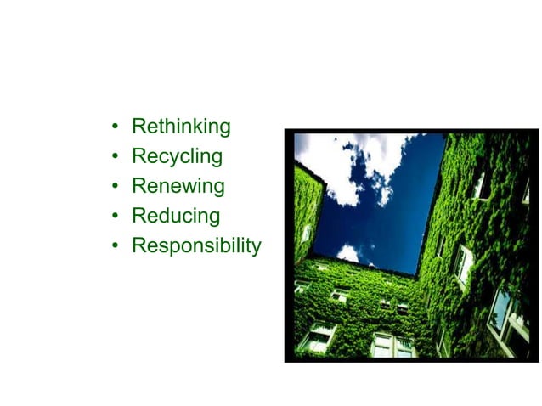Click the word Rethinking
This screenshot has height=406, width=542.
pyautogui.click(x=181, y=127)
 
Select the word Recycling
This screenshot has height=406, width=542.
pyautogui.click(x=177, y=156)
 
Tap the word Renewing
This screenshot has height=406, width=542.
pyautogui.click(x=178, y=186)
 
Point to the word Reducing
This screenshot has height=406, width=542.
pyautogui.click(x=176, y=216)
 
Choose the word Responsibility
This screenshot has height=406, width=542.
pyautogui.click(x=196, y=245)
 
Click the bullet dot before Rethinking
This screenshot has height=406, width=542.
pyautogui.click(x=115, y=128)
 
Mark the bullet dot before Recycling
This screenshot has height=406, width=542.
pyautogui.click(x=115, y=158)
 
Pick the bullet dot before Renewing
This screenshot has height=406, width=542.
pyautogui.click(x=115, y=188)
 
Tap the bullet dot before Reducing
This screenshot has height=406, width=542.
pyautogui.click(x=115, y=217)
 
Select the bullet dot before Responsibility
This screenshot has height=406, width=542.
pyautogui.click(x=115, y=247)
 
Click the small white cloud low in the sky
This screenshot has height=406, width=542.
pyautogui.click(x=347, y=252)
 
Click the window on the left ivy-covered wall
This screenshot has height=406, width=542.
pyautogui.click(x=306, y=232)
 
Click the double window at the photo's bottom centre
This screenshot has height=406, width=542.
pyautogui.click(x=392, y=345)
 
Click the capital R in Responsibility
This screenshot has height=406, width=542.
pyautogui.click(x=138, y=245)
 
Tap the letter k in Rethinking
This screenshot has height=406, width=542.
pyautogui.click(x=200, y=127)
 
